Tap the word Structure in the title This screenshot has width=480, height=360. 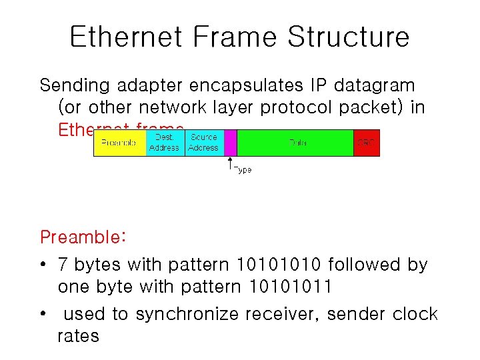click(348, 37)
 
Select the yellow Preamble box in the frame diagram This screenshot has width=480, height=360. click(119, 143)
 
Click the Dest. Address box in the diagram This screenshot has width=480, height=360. click(164, 143)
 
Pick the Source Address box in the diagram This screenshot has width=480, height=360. click(203, 143)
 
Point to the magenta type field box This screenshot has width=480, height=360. click(231, 143)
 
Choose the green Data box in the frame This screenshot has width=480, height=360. click(295, 143)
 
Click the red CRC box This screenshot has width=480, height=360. click(366, 143)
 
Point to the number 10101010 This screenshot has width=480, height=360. click(275, 265)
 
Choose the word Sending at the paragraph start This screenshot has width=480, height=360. click(75, 86)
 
